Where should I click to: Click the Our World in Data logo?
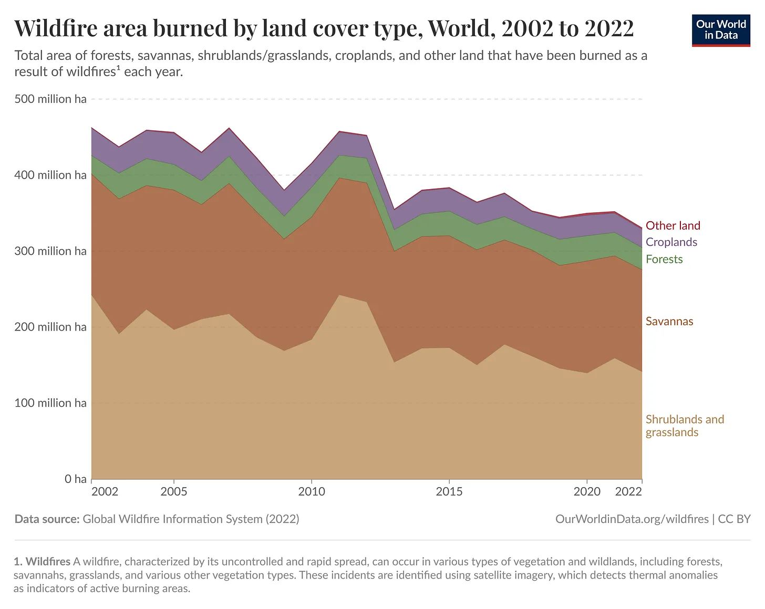(721, 30)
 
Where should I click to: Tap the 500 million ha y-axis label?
(50, 99)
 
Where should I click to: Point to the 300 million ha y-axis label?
(50, 251)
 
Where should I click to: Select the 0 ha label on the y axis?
(76, 479)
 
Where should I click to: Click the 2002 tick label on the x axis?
(105, 492)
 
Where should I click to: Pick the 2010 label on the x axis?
(312, 492)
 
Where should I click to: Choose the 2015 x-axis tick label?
(449, 492)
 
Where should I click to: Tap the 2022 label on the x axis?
(628, 492)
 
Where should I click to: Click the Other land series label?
(673, 226)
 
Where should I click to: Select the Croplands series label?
(671, 242)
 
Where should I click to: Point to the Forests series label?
(664, 260)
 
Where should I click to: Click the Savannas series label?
(669, 322)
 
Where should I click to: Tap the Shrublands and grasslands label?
(685, 426)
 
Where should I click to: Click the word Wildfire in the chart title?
(55, 28)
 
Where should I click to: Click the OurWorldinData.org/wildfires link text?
(632, 519)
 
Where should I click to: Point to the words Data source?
(47, 519)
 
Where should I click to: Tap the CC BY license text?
(735, 519)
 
